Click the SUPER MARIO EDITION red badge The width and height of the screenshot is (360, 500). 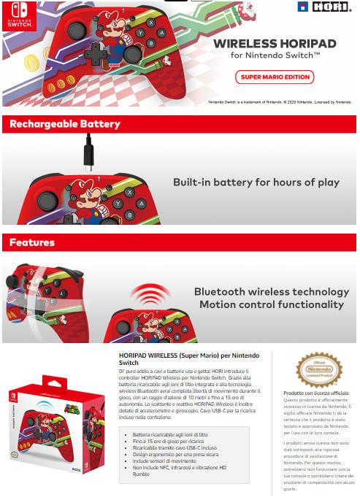click(274, 76)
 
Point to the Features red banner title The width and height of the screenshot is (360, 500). click(32, 242)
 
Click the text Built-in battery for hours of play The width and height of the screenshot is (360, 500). click(256, 182)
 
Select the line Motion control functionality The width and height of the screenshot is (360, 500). click(270, 304)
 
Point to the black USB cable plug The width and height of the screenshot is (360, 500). click(88, 154)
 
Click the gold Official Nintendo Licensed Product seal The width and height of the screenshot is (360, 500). click(319, 369)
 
